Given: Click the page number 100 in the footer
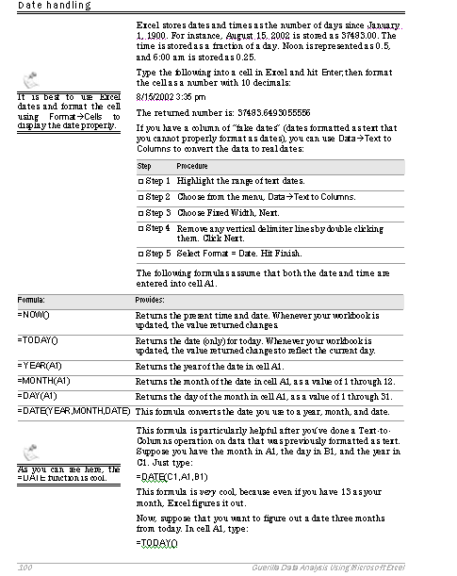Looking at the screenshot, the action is click(x=25, y=567).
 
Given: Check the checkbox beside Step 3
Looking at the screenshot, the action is click(x=140, y=213).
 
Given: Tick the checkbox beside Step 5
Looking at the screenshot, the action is click(x=140, y=254).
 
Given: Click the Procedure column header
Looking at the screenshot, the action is click(x=191, y=165).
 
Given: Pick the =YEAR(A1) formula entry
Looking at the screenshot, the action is click(x=39, y=365).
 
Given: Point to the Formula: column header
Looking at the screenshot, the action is click(x=31, y=298).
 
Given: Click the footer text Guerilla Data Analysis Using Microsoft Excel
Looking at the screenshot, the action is click(x=348, y=567).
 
